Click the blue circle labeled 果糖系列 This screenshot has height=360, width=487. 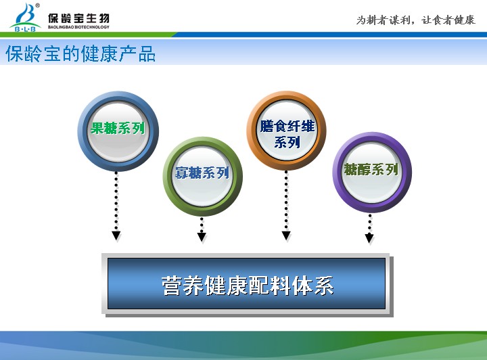pyautogui.click(x=118, y=131)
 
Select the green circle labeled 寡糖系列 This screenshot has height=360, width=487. pyautogui.click(x=202, y=177)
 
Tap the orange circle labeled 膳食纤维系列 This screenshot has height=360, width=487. pyautogui.click(x=286, y=131)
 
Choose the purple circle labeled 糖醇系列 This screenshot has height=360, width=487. pyautogui.click(x=372, y=173)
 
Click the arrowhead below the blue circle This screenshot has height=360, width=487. pyautogui.click(x=116, y=235)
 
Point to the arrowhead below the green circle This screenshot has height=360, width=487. pyautogui.click(x=202, y=237)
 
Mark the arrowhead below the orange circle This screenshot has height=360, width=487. pyautogui.click(x=286, y=235)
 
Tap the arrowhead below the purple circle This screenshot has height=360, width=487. pyautogui.click(x=369, y=238)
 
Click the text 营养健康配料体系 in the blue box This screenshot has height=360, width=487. pyautogui.click(x=248, y=285)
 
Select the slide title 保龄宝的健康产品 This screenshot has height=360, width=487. pyautogui.click(x=80, y=53)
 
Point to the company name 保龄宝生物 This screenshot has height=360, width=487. pyautogui.click(x=78, y=18)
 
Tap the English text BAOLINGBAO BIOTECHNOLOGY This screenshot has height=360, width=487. pyautogui.click(x=78, y=27)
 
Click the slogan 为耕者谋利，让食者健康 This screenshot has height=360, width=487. pyautogui.click(x=415, y=20)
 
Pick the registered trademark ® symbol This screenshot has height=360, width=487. pyautogui.click(x=38, y=5)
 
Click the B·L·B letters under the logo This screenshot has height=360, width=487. pyautogui.click(x=25, y=29)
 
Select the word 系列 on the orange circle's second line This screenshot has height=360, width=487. pyautogui.click(x=287, y=143)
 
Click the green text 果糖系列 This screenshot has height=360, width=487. pyautogui.click(x=118, y=128)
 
